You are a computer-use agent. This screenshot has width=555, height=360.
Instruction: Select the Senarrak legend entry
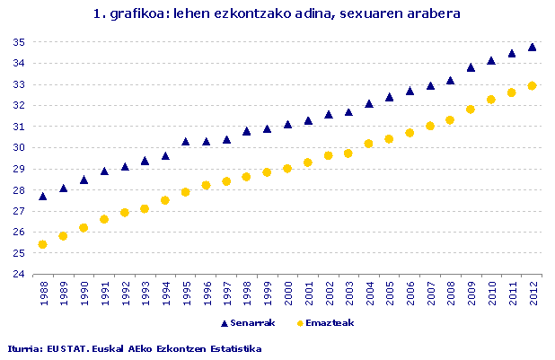click(247, 322)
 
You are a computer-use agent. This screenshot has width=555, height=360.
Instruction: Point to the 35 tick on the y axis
click(19, 42)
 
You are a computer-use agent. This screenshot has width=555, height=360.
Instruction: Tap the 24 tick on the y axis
click(19, 275)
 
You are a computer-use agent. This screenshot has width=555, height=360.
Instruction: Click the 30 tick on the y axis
click(19, 148)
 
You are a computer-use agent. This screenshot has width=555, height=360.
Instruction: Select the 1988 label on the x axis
click(43, 294)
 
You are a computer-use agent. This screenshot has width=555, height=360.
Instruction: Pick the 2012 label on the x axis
click(533, 294)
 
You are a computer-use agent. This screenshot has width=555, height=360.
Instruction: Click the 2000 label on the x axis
click(288, 294)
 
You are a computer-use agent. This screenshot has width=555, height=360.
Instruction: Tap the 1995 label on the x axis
click(186, 294)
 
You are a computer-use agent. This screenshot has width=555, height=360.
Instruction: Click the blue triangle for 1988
click(42, 196)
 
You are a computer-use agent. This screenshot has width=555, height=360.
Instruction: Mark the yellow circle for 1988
click(42, 244)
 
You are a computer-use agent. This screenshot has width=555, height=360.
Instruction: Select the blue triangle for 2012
click(533, 47)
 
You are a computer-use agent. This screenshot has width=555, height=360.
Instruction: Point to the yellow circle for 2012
click(533, 86)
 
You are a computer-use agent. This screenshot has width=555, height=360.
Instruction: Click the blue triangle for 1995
click(186, 141)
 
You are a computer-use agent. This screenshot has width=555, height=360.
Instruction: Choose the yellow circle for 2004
click(369, 144)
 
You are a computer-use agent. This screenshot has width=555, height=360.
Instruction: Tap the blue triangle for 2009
click(471, 66)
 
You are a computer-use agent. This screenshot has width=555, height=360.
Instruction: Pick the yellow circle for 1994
click(165, 200)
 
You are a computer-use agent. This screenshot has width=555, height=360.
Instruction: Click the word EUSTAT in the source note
click(63, 348)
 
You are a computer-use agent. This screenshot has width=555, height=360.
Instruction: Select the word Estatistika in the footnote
click(233, 348)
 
